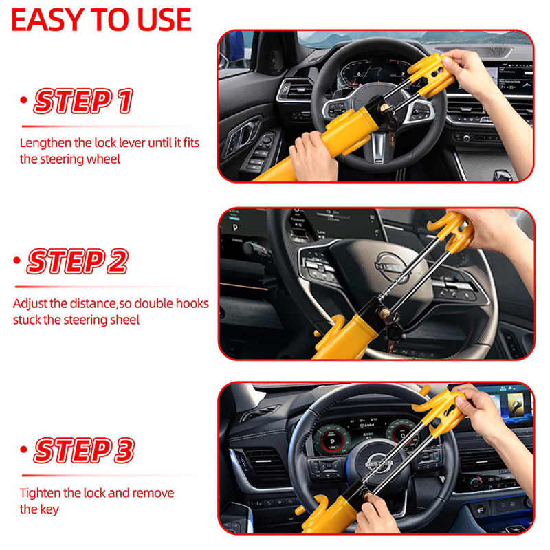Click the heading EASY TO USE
pos(101,20)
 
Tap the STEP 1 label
pos(83,101)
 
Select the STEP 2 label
pos(78,261)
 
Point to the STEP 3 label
pos(84,450)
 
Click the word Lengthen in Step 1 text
pos(46,143)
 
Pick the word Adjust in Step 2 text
pos(30,304)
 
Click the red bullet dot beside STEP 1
pos(23,100)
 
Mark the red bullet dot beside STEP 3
pos(23,450)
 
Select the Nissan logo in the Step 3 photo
pos(379,463)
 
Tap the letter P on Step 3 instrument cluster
pos(332,442)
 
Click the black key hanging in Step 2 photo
pos(394,331)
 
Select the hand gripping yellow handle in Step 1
pos(313,156)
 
